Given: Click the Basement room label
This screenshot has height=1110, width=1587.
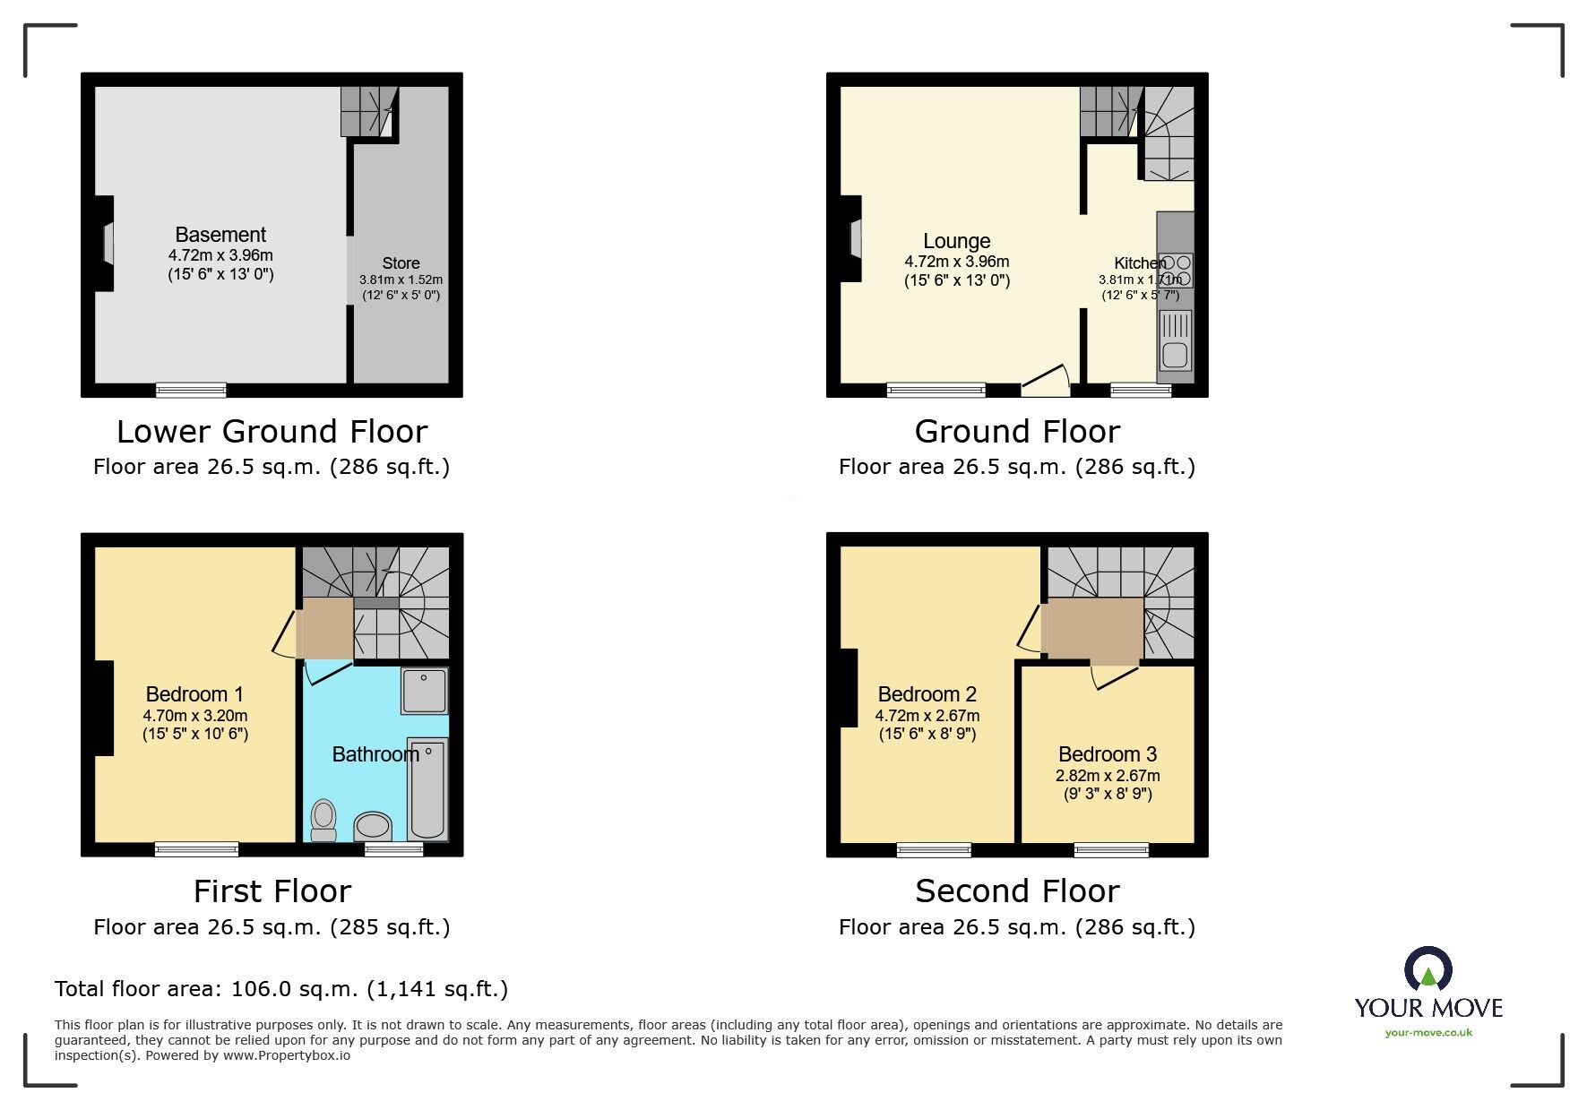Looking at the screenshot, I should click(220, 235).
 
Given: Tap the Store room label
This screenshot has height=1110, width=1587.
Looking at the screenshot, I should click(401, 263).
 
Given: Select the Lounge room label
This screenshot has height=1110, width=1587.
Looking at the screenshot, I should click(956, 241).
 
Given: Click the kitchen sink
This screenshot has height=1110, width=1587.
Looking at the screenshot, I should click(1175, 341).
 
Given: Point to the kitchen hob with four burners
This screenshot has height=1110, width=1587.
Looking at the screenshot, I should click(1175, 270).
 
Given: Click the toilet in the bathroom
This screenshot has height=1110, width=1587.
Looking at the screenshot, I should click(323, 820).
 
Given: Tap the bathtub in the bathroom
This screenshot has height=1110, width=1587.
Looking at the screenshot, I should click(427, 788).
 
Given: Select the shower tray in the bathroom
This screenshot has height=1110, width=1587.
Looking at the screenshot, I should click(424, 691).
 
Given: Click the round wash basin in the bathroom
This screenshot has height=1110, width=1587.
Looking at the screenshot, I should click(373, 824).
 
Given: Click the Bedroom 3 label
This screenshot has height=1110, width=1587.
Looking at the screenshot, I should click(1108, 754).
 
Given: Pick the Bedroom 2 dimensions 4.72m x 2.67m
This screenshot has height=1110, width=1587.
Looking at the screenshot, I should click(927, 716).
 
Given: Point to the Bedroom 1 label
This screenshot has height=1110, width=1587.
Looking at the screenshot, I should click(194, 694).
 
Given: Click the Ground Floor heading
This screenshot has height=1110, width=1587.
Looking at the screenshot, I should click(1017, 432).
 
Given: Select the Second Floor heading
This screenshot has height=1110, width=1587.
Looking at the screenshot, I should click(1017, 891).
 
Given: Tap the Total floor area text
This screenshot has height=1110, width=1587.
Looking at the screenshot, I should click(281, 989).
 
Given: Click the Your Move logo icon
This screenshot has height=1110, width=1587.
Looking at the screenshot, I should click(1427, 970).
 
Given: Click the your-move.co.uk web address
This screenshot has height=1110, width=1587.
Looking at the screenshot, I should click(1428, 1033).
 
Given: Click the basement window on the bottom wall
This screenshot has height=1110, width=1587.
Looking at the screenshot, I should click(191, 390).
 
